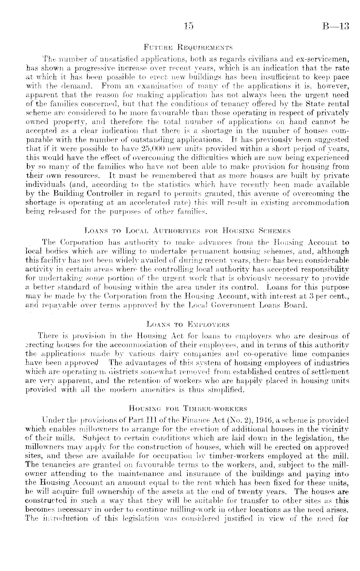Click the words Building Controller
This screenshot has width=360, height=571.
coord(73,194)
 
